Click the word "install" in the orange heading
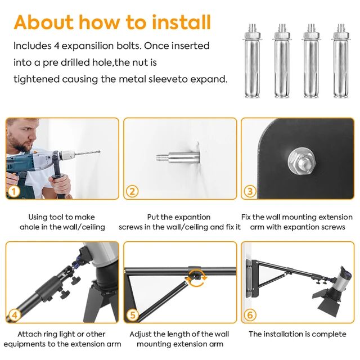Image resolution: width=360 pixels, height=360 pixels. click(181, 22)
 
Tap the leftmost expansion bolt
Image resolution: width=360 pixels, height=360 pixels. click(252, 61)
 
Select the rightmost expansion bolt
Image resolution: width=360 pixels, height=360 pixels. click(341, 61)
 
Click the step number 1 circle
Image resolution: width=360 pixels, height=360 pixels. click(14, 191)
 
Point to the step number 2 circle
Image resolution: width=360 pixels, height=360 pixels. click(132, 191)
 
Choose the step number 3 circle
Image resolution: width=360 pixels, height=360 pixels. click(250, 191)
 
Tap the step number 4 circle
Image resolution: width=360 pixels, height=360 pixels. click(15, 315)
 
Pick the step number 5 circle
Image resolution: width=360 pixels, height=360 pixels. click(133, 315)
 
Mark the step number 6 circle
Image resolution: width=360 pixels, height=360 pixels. click(250, 315)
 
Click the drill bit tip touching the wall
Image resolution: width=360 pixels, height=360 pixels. click(100, 151)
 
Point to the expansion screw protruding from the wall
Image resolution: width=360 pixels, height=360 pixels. click(178, 157)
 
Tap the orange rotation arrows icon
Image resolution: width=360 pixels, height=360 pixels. click(196, 279)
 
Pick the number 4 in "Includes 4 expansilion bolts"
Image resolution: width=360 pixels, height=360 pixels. click(56, 46)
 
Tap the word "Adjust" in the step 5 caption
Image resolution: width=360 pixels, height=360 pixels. click(140, 334)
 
